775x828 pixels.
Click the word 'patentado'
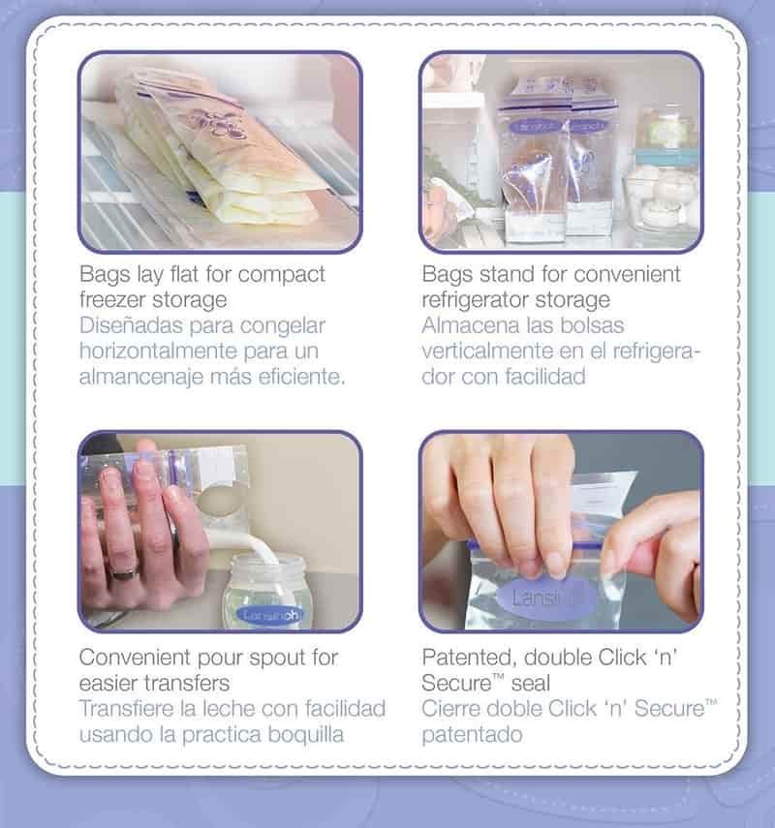coord(473,734)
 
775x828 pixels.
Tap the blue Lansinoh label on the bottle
coord(270,615)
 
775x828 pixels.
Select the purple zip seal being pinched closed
coord(535,545)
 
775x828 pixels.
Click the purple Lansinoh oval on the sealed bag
coord(544,598)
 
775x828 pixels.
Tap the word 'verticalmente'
coord(486,351)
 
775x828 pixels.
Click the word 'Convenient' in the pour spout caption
coord(135,658)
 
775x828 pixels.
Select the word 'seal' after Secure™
coord(531,684)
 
